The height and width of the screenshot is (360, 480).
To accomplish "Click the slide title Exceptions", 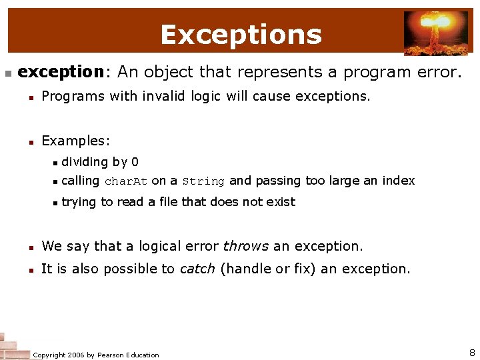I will (x=241, y=35).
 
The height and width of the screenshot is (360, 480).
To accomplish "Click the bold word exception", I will (x=59, y=72).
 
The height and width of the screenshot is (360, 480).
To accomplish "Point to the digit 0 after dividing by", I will (x=135, y=162).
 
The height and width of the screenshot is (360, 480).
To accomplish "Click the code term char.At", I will (x=126, y=181).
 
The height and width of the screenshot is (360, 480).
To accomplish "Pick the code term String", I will (x=203, y=181).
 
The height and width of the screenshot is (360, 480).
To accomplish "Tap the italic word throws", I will (x=246, y=246).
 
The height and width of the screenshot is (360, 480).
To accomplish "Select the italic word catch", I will (x=197, y=269).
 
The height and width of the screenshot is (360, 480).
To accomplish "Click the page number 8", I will (x=472, y=353).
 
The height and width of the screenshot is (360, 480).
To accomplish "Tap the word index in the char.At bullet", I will (x=399, y=181).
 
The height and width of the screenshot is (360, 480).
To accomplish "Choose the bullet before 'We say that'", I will (x=31, y=247).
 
